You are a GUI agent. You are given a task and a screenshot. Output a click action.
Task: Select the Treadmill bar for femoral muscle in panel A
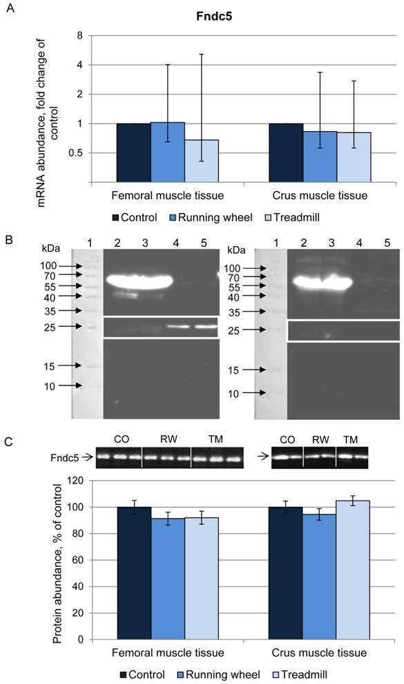202,161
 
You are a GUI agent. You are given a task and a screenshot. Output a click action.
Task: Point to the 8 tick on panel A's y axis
80,35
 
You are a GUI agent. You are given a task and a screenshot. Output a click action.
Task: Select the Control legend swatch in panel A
115,217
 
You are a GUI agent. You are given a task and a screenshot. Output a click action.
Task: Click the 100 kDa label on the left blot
51,265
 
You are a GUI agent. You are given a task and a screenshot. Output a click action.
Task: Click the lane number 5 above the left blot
202,243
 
